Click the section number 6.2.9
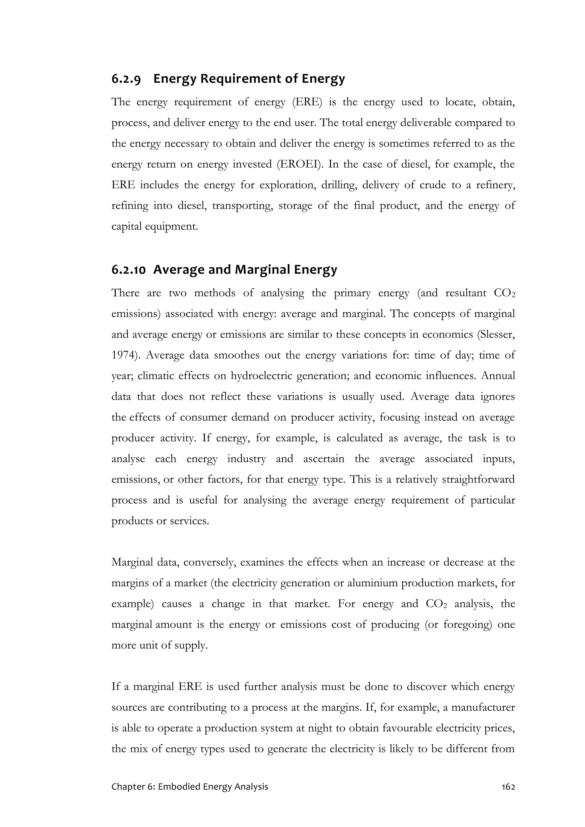[126, 79]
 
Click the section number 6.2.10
[128, 269]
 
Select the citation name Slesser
[496, 335]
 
